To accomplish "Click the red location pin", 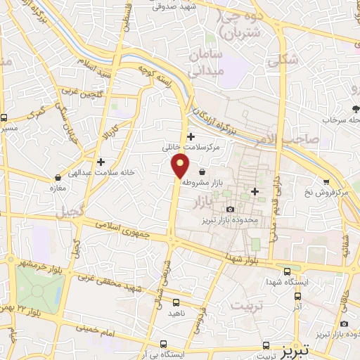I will (181, 166).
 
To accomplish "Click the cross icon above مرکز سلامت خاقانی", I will (191, 136).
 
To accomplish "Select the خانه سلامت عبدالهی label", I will (102, 172).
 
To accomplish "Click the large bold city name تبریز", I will (309, 350).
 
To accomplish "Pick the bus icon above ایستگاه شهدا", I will (287, 271).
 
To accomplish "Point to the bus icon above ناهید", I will (175, 302).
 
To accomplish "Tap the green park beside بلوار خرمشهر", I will (39, 289).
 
